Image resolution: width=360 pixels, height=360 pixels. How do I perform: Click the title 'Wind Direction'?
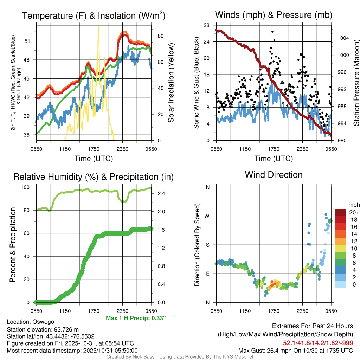point(274,175)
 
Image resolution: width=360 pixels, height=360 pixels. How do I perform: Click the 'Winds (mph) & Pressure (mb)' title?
point(274,15)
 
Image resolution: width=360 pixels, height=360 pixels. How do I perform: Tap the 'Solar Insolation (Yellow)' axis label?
point(171,83)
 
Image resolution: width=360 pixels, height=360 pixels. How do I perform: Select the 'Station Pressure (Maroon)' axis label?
point(356,83)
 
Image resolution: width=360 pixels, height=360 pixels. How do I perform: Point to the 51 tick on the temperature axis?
point(31,41)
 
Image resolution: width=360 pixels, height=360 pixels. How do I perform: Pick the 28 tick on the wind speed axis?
point(207,25)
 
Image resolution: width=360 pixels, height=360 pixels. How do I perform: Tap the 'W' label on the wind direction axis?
point(207,216)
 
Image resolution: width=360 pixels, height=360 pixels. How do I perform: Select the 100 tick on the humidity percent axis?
point(29,187)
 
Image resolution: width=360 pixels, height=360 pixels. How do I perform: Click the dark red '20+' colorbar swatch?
point(340,212)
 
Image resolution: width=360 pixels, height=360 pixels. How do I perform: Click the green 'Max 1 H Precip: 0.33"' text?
point(136,318)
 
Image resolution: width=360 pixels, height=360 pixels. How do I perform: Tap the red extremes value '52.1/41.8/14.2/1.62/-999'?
point(318,343)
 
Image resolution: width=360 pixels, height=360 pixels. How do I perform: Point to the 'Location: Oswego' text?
point(30,322)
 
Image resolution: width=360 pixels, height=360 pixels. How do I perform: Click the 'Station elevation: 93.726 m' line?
point(43,329)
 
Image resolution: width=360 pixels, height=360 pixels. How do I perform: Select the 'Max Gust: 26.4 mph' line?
point(296,350)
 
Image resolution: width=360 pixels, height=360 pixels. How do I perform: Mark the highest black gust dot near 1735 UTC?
point(273,32)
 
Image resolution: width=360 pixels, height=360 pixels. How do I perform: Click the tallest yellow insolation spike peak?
point(98,27)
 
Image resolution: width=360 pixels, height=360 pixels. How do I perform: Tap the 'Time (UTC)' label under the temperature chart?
point(94,159)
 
